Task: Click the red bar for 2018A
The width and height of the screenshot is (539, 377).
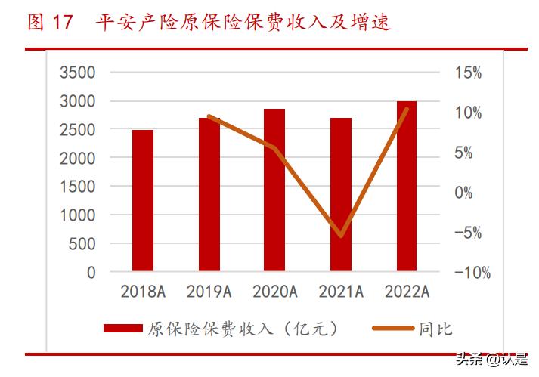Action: [x=143, y=200]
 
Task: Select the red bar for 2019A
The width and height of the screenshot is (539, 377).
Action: [x=209, y=194]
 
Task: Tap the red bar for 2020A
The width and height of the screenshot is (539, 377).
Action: [x=275, y=190]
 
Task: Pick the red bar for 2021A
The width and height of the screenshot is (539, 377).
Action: [x=342, y=194]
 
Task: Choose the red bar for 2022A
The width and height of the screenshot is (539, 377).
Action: [x=407, y=186]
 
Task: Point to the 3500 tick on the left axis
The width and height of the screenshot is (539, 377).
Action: [x=78, y=73]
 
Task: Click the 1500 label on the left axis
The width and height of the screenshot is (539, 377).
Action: [x=78, y=187]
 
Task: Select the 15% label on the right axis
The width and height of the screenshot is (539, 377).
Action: [x=469, y=73]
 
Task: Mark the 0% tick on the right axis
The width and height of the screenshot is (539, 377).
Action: [x=464, y=193]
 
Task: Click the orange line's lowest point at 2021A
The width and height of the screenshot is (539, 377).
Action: [x=342, y=236]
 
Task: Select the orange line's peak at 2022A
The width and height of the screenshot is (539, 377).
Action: [x=407, y=110]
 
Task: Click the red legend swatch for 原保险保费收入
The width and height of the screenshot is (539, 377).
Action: [x=122, y=329]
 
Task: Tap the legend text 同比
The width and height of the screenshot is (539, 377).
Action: [x=435, y=329]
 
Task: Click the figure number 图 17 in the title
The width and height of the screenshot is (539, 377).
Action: [x=50, y=23]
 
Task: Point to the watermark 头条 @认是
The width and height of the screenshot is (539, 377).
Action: [x=492, y=360]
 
